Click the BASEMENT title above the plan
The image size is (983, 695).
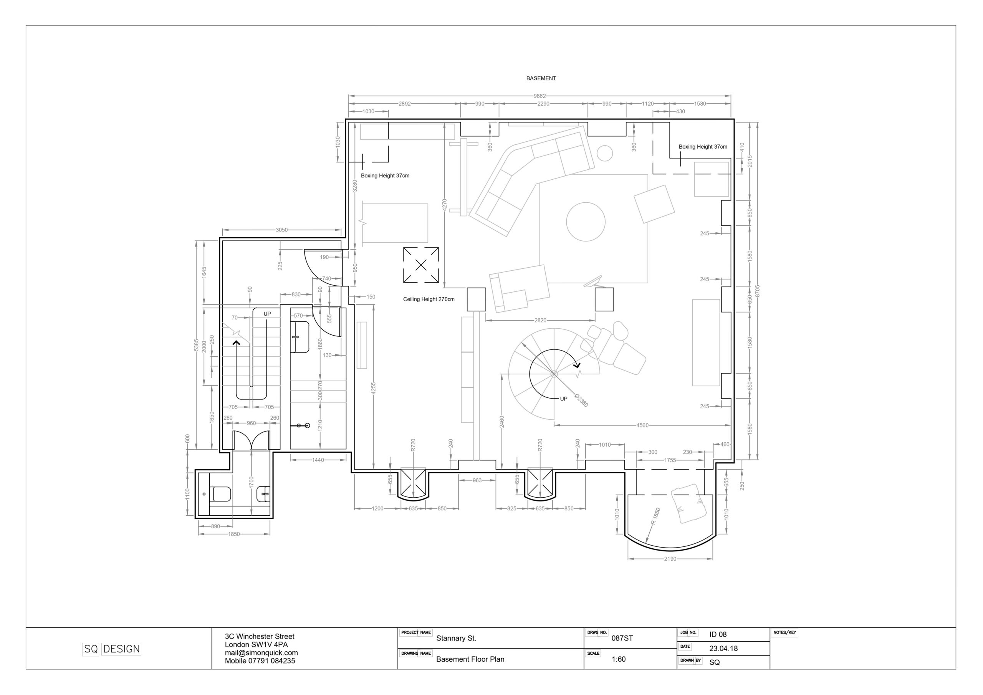pyautogui.click(x=541, y=78)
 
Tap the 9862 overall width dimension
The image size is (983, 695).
pyautogui.click(x=539, y=96)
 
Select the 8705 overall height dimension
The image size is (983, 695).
pyautogui.click(x=757, y=291)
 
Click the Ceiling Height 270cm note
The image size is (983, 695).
pyautogui.click(x=429, y=300)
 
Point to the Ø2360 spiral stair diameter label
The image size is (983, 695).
pyautogui.click(x=581, y=400)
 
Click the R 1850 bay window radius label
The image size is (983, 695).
pyautogui.click(x=655, y=516)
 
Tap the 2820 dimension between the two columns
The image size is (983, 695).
pyautogui.click(x=540, y=320)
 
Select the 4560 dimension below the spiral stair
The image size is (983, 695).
pyautogui.click(x=642, y=425)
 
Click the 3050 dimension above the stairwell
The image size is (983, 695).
pyautogui.click(x=281, y=230)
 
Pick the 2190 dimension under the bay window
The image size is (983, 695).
pyautogui.click(x=670, y=559)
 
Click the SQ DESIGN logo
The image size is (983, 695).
pyautogui.click(x=112, y=649)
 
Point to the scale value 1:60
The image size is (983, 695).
pyautogui.click(x=619, y=659)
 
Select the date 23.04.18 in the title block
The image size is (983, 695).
pyautogui.click(x=723, y=648)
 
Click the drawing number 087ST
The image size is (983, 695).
pyautogui.click(x=622, y=638)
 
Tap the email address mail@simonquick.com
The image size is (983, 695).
pyautogui.click(x=261, y=653)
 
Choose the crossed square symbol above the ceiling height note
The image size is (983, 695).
pyautogui.click(x=421, y=265)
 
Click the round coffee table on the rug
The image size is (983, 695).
pyautogui.click(x=586, y=222)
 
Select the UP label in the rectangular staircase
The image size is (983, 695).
pyautogui.click(x=267, y=314)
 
